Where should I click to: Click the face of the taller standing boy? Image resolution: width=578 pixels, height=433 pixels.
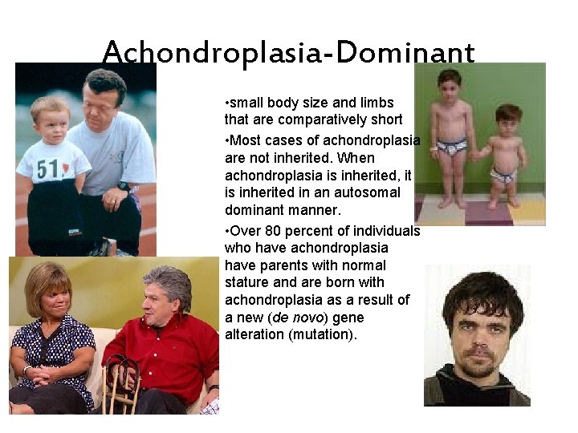[449, 86]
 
